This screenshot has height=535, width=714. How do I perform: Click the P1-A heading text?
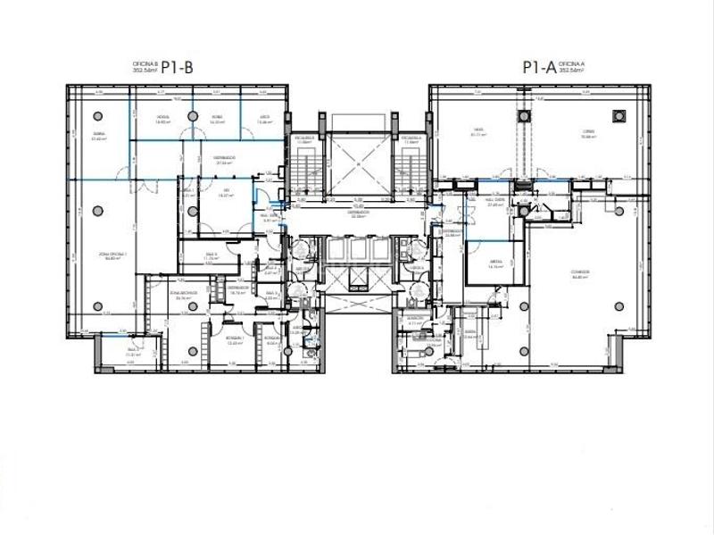537,66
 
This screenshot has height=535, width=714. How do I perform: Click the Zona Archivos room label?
186,296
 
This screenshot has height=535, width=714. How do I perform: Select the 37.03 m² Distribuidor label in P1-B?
223,161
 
